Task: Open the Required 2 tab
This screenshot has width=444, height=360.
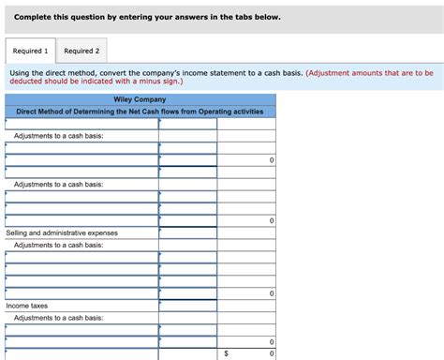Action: pyautogui.click(x=81, y=50)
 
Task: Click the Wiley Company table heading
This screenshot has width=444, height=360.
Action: pyautogui.click(x=140, y=99)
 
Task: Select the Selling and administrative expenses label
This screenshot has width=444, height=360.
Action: pyautogui.click(x=62, y=232)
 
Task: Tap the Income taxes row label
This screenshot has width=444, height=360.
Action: pyautogui.click(x=26, y=306)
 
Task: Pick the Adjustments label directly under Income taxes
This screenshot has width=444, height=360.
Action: pyautogui.click(x=58, y=318)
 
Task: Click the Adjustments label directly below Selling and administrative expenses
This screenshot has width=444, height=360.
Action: pyautogui.click(x=58, y=245)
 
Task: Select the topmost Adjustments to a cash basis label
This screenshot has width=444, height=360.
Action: pyautogui.click(x=58, y=136)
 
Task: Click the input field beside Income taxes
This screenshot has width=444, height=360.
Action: pyautogui.click(x=187, y=306)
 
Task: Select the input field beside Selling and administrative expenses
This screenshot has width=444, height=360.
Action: pyautogui.click(x=187, y=232)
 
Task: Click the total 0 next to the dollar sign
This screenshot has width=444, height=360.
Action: pyautogui.click(x=272, y=353)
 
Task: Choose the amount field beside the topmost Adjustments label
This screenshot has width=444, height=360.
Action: pyautogui.click(x=187, y=136)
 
